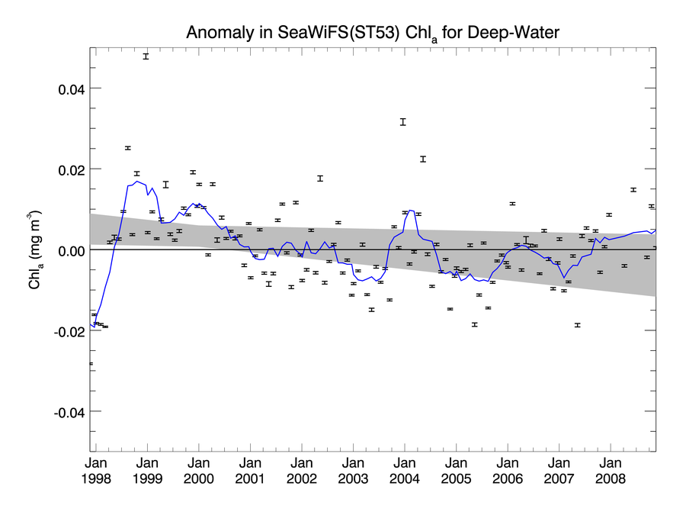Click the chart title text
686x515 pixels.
coord(373,33)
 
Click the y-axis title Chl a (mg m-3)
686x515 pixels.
coord(36,250)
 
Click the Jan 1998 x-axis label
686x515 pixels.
coord(96,471)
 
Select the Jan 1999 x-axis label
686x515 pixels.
coord(147,471)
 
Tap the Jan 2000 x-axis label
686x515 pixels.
coord(198,471)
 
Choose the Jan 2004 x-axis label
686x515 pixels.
coord(404,471)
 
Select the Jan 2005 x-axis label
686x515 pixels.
coord(456,471)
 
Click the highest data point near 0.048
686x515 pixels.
coord(146,56)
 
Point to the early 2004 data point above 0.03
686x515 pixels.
coord(403,121)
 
